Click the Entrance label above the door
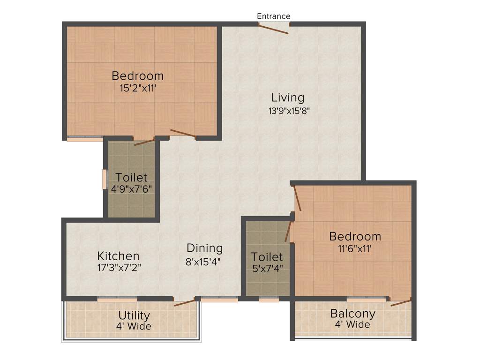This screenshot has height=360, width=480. pyautogui.click(x=274, y=16)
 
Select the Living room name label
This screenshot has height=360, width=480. pyautogui.click(x=288, y=97)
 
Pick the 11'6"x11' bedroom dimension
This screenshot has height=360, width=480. pyautogui.click(x=355, y=248)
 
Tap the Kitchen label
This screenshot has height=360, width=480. pyautogui.click(x=118, y=256)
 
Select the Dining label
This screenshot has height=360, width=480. pyautogui.click(x=204, y=248)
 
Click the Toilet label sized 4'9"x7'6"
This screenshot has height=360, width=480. pyautogui.click(x=131, y=178)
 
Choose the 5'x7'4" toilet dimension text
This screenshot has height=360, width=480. pyautogui.click(x=267, y=269)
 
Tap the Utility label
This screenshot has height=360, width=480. pyautogui.click(x=134, y=315)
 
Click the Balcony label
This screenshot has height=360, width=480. pyautogui.click(x=352, y=313)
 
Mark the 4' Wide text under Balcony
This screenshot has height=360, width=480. pyautogui.click(x=352, y=324)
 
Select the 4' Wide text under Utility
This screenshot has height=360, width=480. pyautogui.click(x=134, y=326)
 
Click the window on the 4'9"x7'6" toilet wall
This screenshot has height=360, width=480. pyautogui.click(x=105, y=179)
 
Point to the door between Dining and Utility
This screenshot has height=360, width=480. pyautogui.click(x=185, y=302)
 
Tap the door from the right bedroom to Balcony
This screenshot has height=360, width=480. pyautogui.click(x=401, y=302)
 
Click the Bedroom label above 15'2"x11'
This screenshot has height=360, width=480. pyautogui.click(x=137, y=75)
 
